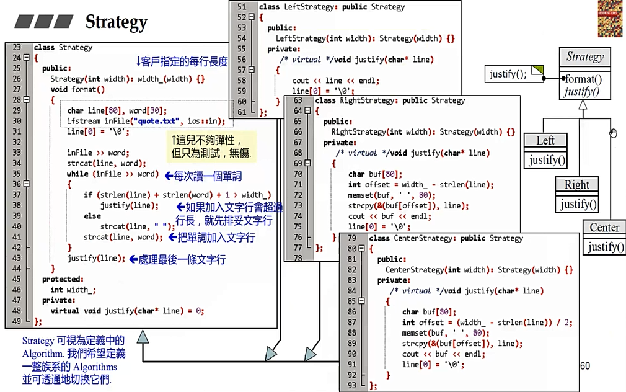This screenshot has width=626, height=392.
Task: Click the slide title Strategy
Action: coord(116,22)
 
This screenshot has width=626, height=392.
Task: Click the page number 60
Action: coord(584,365)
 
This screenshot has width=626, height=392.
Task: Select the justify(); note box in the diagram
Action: coord(508,74)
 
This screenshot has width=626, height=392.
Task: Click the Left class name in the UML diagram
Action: coord(545,141)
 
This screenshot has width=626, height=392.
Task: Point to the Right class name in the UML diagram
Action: coord(576,185)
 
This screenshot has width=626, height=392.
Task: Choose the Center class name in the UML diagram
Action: coord(604,228)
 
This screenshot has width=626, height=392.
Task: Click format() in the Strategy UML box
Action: coord(583,79)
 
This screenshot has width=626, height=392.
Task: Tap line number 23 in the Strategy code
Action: coord(17,48)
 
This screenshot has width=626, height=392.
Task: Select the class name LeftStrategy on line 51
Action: coord(311,7)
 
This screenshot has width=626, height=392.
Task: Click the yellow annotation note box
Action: coord(211,146)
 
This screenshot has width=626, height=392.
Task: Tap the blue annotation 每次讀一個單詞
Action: coord(208,176)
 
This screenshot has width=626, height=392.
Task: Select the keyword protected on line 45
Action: coord(62,279)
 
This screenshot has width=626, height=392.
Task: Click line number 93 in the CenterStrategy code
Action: coord(352,386)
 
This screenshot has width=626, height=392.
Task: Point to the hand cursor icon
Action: coord(613,133)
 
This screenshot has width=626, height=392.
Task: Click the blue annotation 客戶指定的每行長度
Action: coord(182,62)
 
